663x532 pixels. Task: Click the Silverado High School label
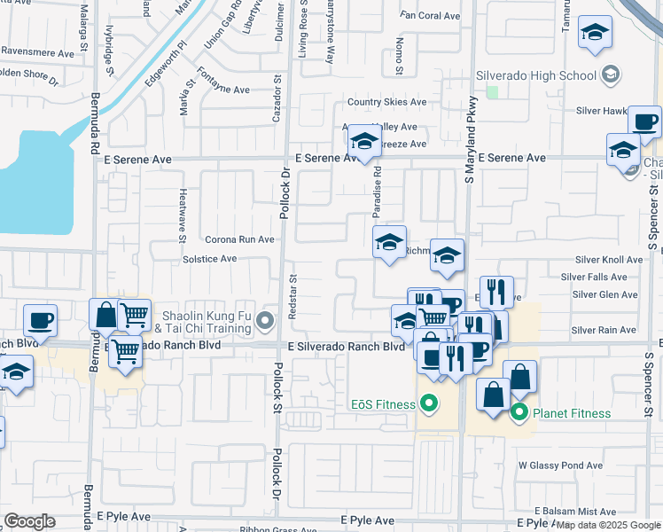coord(536,75)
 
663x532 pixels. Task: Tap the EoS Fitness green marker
coord(430,404)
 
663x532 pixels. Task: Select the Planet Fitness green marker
coord(519,412)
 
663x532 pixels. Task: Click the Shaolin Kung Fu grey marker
coord(264,320)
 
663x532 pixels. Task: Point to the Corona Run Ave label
coord(239,239)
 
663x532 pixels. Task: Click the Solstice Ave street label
coord(209,259)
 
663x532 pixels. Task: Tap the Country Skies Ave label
coord(386,103)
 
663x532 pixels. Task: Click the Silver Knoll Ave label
coord(608,260)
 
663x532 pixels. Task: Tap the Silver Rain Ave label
coord(604,330)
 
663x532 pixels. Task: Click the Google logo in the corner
coord(30,521)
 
